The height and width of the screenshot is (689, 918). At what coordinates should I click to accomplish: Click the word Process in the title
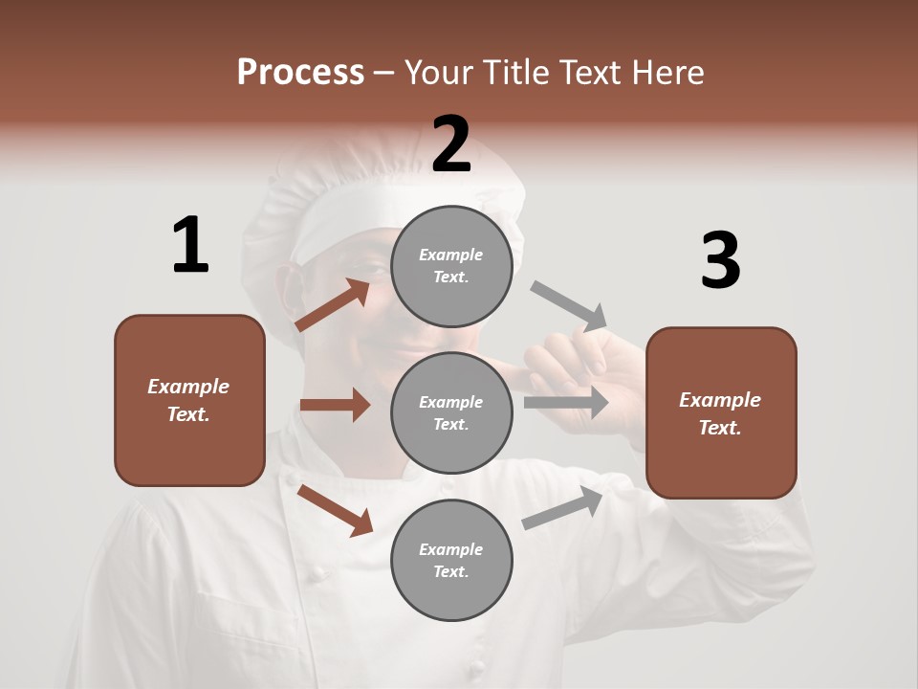(300, 73)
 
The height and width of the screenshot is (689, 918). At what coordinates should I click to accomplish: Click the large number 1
(189, 246)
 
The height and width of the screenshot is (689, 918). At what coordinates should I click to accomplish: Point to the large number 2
(451, 144)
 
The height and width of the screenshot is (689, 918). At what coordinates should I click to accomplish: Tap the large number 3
(720, 261)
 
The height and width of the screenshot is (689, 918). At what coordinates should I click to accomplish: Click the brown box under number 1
(189, 400)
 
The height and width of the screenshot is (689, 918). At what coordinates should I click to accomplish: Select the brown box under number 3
(721, 413)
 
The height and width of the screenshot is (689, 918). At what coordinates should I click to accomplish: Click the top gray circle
(451, 266)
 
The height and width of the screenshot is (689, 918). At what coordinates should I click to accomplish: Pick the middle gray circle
(451, 412)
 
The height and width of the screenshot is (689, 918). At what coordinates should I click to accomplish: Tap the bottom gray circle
(451, 560)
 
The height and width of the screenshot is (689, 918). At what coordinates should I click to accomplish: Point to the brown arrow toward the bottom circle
(335, 509)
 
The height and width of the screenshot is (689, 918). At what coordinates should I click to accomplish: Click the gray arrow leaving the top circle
(569, 305)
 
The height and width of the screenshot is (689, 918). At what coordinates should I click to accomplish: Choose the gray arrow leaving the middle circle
(566, 402)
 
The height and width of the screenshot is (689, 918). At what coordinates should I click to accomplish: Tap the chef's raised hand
(574, 364)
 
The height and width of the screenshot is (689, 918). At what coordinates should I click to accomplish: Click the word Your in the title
(438, 73)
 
